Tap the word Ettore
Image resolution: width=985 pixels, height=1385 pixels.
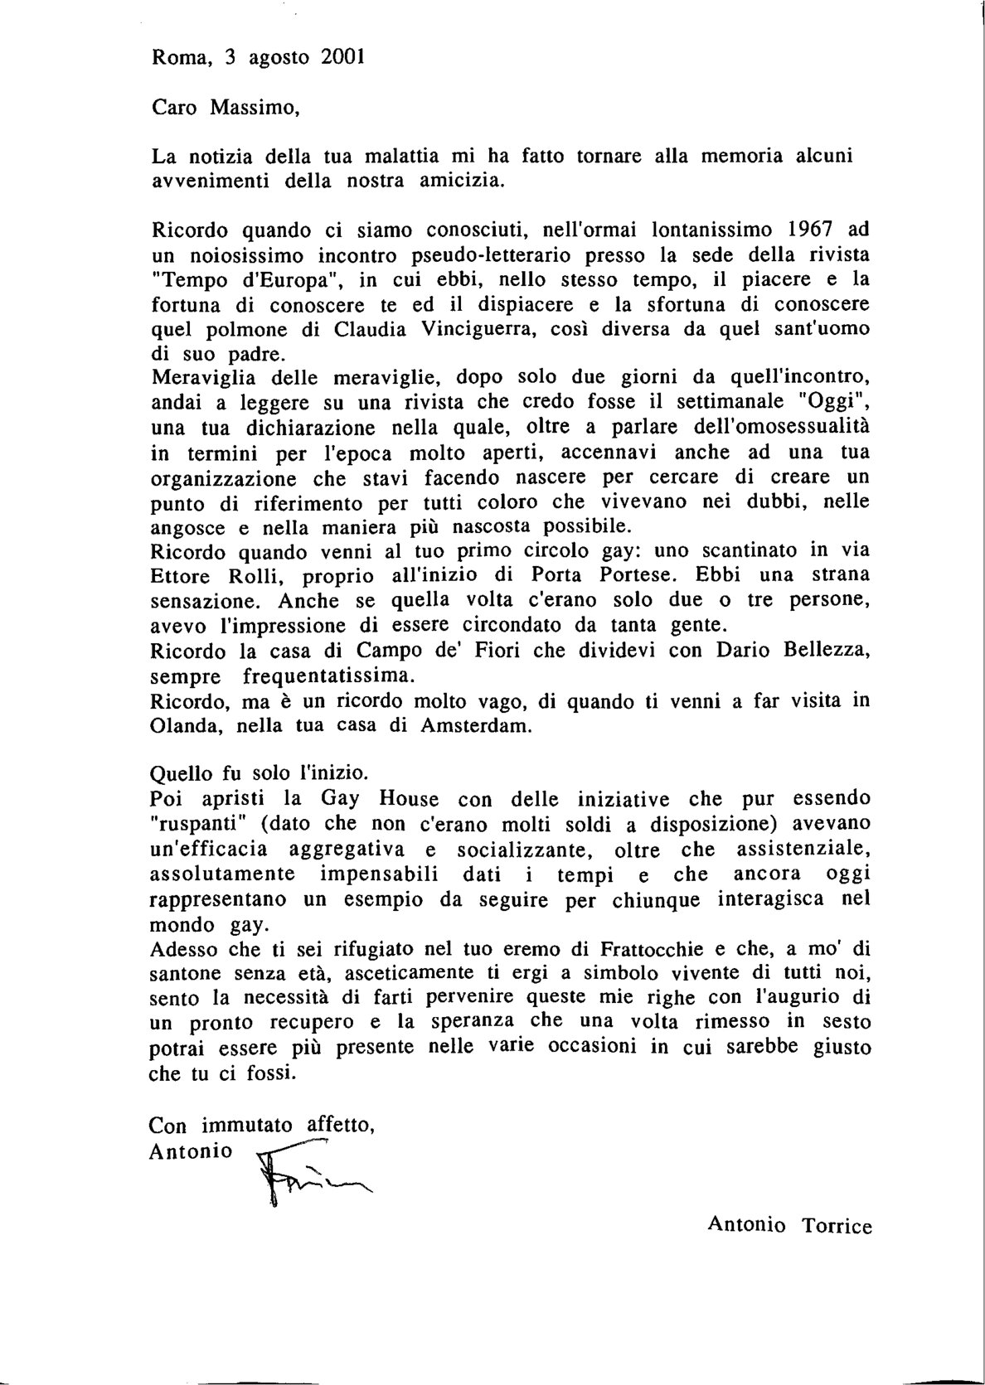point(182,576)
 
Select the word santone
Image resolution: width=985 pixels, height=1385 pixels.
point(185,972)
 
